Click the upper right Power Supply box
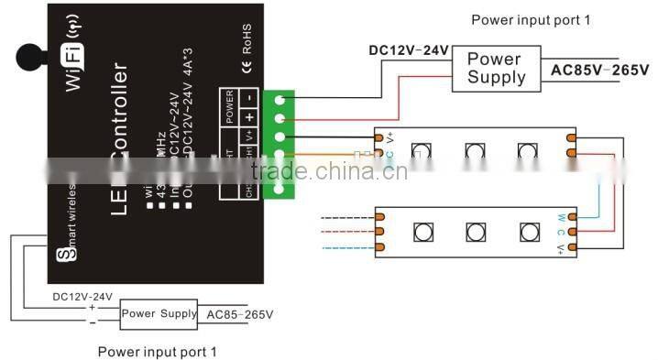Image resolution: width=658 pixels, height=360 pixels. click(x=496, y=68)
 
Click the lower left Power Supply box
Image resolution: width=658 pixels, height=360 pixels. click(x=159, y=314)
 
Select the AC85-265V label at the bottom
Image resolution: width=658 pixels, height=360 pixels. click(x=239, y=315)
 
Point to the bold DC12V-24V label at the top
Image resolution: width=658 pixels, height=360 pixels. click(x=408, y=49)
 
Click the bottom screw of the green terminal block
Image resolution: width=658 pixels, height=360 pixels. click(x=279, y=189)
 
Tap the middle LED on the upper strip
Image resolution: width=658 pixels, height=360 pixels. click(x=473, y=148)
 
